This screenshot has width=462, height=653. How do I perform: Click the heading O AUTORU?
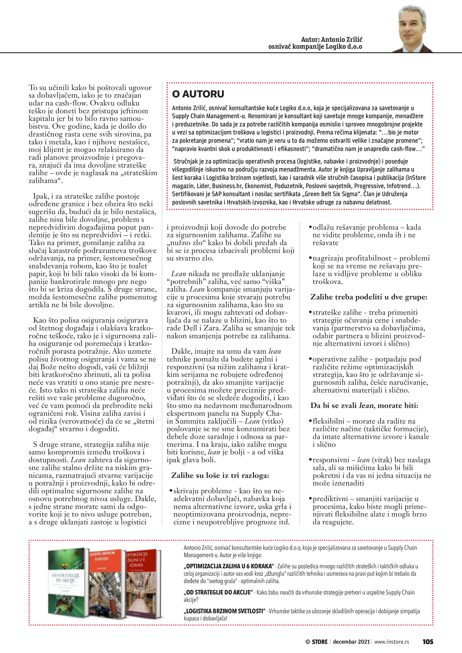[198, 94]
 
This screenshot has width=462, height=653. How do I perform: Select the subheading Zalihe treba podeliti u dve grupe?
[369, 297]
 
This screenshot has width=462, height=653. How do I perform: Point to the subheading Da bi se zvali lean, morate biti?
[364, 405]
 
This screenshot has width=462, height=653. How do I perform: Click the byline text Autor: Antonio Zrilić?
[332, 40]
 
